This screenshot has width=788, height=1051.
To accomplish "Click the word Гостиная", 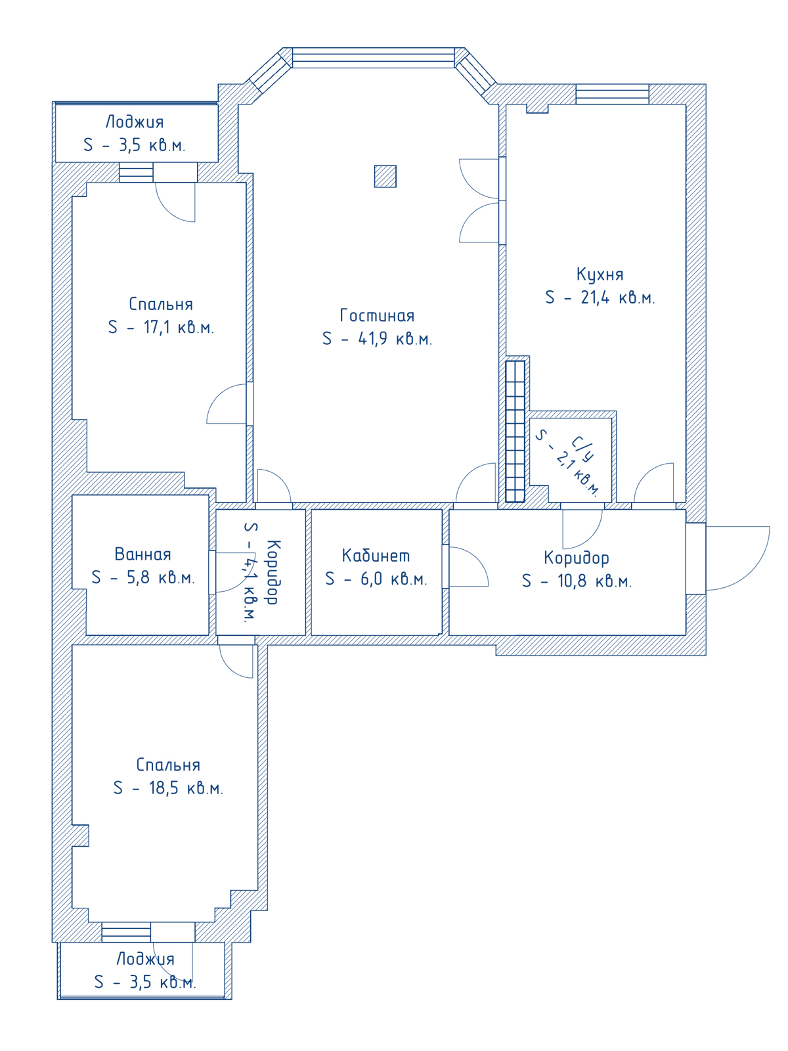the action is tap(376, 315).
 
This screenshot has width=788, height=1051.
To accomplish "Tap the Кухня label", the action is tap(600, 275).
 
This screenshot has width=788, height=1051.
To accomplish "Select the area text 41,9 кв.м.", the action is tap(395, 339).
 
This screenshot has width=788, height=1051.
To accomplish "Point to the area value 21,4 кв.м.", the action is tap(617, 298).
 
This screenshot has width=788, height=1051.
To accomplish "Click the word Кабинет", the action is tap(376, 556).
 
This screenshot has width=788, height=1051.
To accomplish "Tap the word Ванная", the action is tap(142, 554).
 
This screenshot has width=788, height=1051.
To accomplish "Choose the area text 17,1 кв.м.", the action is tap(178, 328).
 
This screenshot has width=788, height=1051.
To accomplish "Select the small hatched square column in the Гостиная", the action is tap(385, 176).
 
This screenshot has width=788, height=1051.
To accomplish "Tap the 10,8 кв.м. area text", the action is tap(594, 581).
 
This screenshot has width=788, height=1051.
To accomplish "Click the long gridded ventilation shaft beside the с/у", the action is tap(515, 432).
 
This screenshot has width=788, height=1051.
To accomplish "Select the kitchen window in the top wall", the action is tap(613, 94).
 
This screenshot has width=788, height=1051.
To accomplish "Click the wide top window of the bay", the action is tap(373, 57).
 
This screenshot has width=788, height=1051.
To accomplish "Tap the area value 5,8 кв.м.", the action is tap(160, 577).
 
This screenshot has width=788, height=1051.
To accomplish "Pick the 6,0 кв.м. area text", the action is tap(393, 579).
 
